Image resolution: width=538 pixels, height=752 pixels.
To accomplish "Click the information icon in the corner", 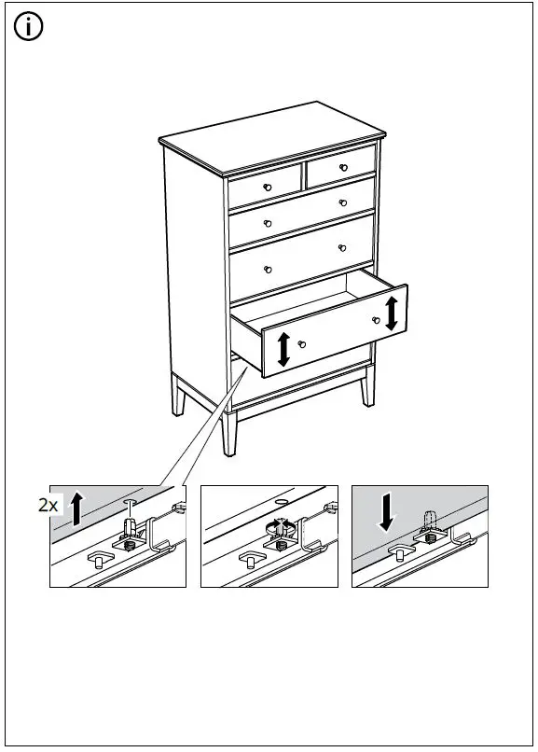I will (x=29, y=28).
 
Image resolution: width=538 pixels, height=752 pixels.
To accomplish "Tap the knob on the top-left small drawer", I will (x=268, y=188).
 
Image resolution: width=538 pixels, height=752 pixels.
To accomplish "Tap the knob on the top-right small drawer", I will (x=343, y=167).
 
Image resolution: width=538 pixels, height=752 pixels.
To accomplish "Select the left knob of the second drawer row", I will (x=268, y=223).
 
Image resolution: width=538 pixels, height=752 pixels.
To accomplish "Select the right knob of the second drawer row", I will (x=343, y=202).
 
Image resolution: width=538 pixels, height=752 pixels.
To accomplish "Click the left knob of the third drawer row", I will (x=268, y=270).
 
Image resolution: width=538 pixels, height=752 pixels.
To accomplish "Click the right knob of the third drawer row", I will (x=343, y=247).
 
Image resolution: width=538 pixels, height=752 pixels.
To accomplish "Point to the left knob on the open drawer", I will (x=300, y=344).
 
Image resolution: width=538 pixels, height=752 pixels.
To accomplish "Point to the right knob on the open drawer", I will (x=376, y=320).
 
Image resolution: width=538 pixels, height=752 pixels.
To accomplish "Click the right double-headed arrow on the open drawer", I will (x=391, y=313).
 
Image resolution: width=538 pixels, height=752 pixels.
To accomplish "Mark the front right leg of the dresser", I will (x=367, y=385).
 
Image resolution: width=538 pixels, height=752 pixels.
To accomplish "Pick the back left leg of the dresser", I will (x=177, y=397).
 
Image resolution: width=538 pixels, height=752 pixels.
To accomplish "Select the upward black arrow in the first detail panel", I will (x=77, y=508).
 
